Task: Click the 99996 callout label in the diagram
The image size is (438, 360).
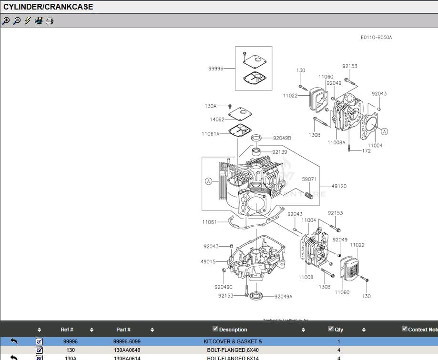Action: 215,69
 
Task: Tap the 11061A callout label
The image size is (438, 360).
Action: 210,134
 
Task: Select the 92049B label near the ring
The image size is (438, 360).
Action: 282,138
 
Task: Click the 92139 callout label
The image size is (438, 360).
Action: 279,152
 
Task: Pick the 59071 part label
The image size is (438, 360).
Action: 309,179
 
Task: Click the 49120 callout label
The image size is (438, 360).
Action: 339,186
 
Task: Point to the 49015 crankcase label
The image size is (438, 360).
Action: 208,261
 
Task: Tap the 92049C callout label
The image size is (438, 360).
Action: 223,287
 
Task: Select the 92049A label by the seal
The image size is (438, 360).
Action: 283,296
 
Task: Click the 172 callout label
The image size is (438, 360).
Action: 366,151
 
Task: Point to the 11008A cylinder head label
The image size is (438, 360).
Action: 336,142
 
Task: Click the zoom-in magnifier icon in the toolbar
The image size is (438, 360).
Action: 6,21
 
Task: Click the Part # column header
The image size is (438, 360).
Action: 123,330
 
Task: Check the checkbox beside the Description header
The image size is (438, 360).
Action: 215,329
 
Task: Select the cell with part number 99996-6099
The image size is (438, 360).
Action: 127,341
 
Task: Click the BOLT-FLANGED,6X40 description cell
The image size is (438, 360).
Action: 233,350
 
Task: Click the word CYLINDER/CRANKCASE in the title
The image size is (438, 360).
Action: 48,7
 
